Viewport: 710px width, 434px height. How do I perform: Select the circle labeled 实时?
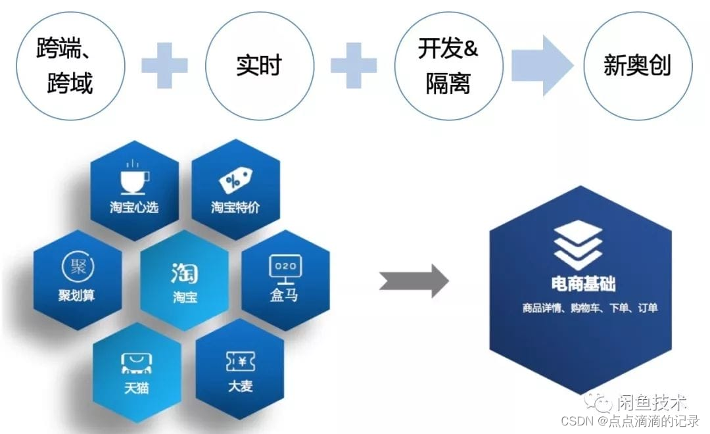(x=258, y=66)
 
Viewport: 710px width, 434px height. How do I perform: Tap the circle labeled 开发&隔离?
(x=448, y=66)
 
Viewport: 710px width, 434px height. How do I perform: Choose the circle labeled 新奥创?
(x=637, y=66)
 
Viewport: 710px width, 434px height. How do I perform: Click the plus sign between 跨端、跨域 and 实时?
(x=164, y=65)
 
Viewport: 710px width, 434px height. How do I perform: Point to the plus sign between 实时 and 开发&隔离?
(x=354, y=65)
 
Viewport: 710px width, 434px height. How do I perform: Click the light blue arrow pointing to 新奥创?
(x=542, y=65)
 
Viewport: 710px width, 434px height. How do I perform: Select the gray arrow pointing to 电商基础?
(x=414, y=281)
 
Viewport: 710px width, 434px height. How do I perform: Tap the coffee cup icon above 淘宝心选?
(x=134, y=177)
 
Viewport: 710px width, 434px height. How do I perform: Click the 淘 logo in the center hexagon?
(x=184, y=272)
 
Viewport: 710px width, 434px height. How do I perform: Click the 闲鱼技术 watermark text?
(x=651, y=402)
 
